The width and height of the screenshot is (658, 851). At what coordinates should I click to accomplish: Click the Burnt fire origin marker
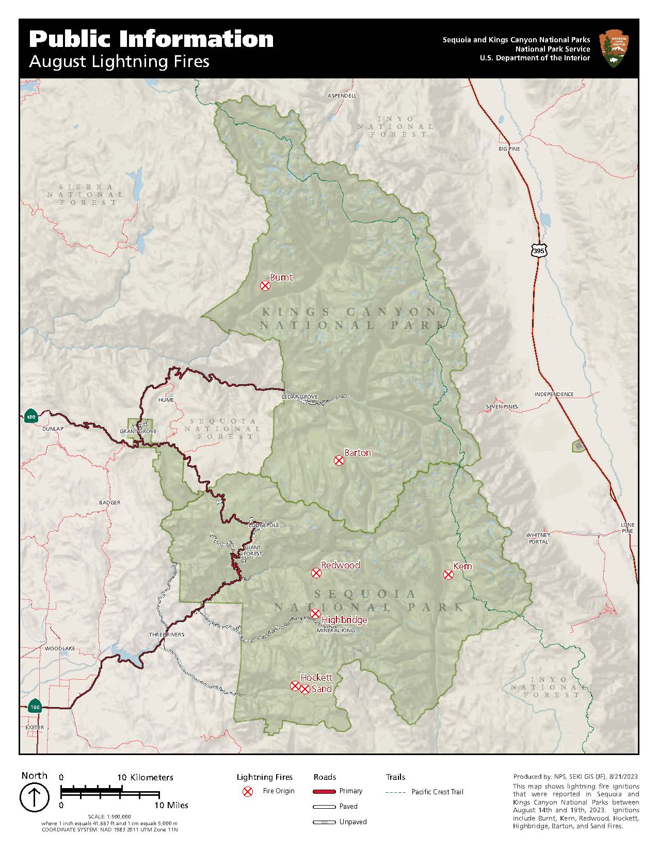pyautogui.click(x=265, y=286)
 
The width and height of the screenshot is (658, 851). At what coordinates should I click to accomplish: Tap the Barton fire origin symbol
pyautogui.click(x=339, y=461)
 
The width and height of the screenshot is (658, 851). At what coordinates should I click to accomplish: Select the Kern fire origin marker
pyautogui.click(x=448, y=575)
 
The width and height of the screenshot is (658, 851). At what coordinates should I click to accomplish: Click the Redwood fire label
pyautogui.click(x=341, y=565)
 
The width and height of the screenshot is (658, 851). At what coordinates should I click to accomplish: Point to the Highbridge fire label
pyautogui.click(x=344, y=619)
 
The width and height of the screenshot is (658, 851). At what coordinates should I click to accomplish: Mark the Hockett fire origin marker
pyautogui.click(x=295, y=686)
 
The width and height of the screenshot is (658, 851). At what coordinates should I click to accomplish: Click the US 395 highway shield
pyautogui.click(x=538, y=251)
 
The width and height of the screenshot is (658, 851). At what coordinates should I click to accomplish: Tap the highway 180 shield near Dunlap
pyautogui.click(x=30, y=417)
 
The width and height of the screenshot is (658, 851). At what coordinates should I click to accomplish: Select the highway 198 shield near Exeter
pyautogui.click(x=35, y=708)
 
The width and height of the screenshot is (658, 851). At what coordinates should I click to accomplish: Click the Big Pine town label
pyautogui.click(x=509, y=149)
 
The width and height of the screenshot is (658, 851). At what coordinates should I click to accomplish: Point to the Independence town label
pyautogui.click(x=554, y=394)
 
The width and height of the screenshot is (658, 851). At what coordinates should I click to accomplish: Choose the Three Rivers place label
pyautogui.click(x=166, y=634)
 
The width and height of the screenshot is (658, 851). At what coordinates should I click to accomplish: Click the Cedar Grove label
pyautogui.click(x=299, y=397)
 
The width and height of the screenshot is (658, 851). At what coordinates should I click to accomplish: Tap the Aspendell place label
pyautogui.click(x=342, y=96)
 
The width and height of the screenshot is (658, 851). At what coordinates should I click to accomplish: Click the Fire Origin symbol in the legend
pyautogui.click(x=248, y=792)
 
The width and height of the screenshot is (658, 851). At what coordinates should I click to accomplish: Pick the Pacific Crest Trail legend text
pyautogui.click(x=437, y=792)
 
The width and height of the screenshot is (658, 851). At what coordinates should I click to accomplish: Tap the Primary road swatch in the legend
pyautogui.click(x=324, y=792)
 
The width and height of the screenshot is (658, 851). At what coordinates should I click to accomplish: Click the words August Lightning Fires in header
pyautogui.click(x=119, y=61)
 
